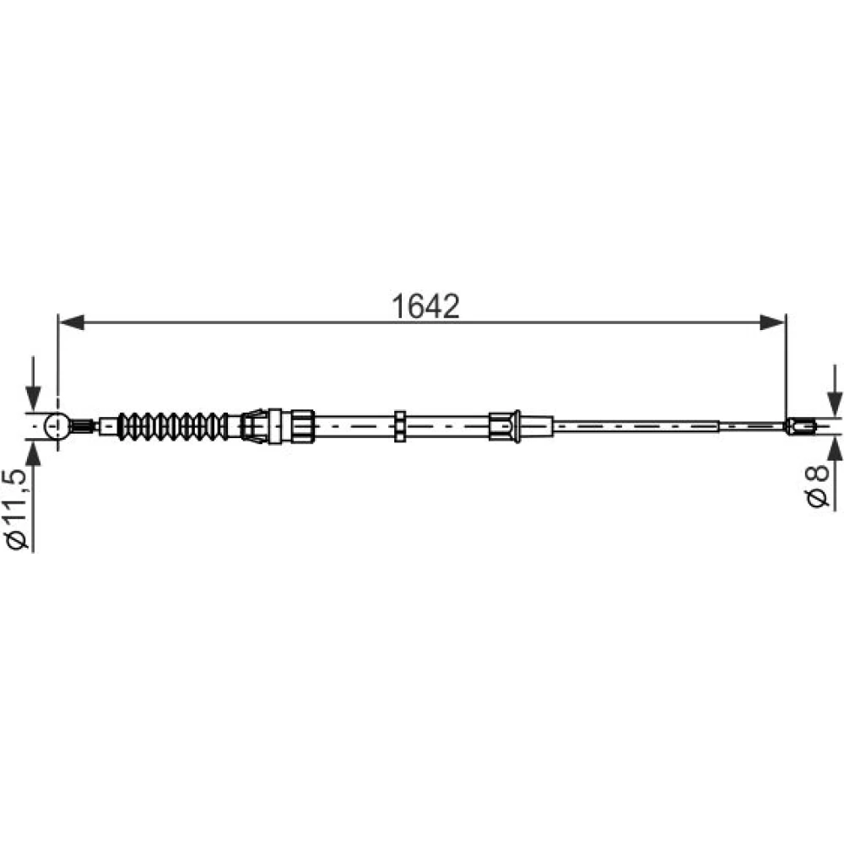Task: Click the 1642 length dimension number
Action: click(425, 306)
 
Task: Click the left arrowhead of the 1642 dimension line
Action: click(72, 322)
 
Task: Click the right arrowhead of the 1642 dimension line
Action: click(772, 322)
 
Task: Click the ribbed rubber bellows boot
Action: click(172, 426)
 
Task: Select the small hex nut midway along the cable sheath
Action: click(400, 426)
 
